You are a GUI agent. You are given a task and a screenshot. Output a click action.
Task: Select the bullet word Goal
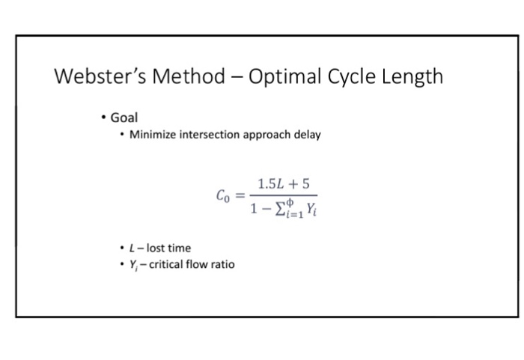point(124,118)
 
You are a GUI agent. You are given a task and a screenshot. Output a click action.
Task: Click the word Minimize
point(153,135)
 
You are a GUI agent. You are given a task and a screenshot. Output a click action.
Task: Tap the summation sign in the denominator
point(278,210)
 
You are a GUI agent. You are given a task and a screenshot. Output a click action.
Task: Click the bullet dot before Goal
point(103,118)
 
